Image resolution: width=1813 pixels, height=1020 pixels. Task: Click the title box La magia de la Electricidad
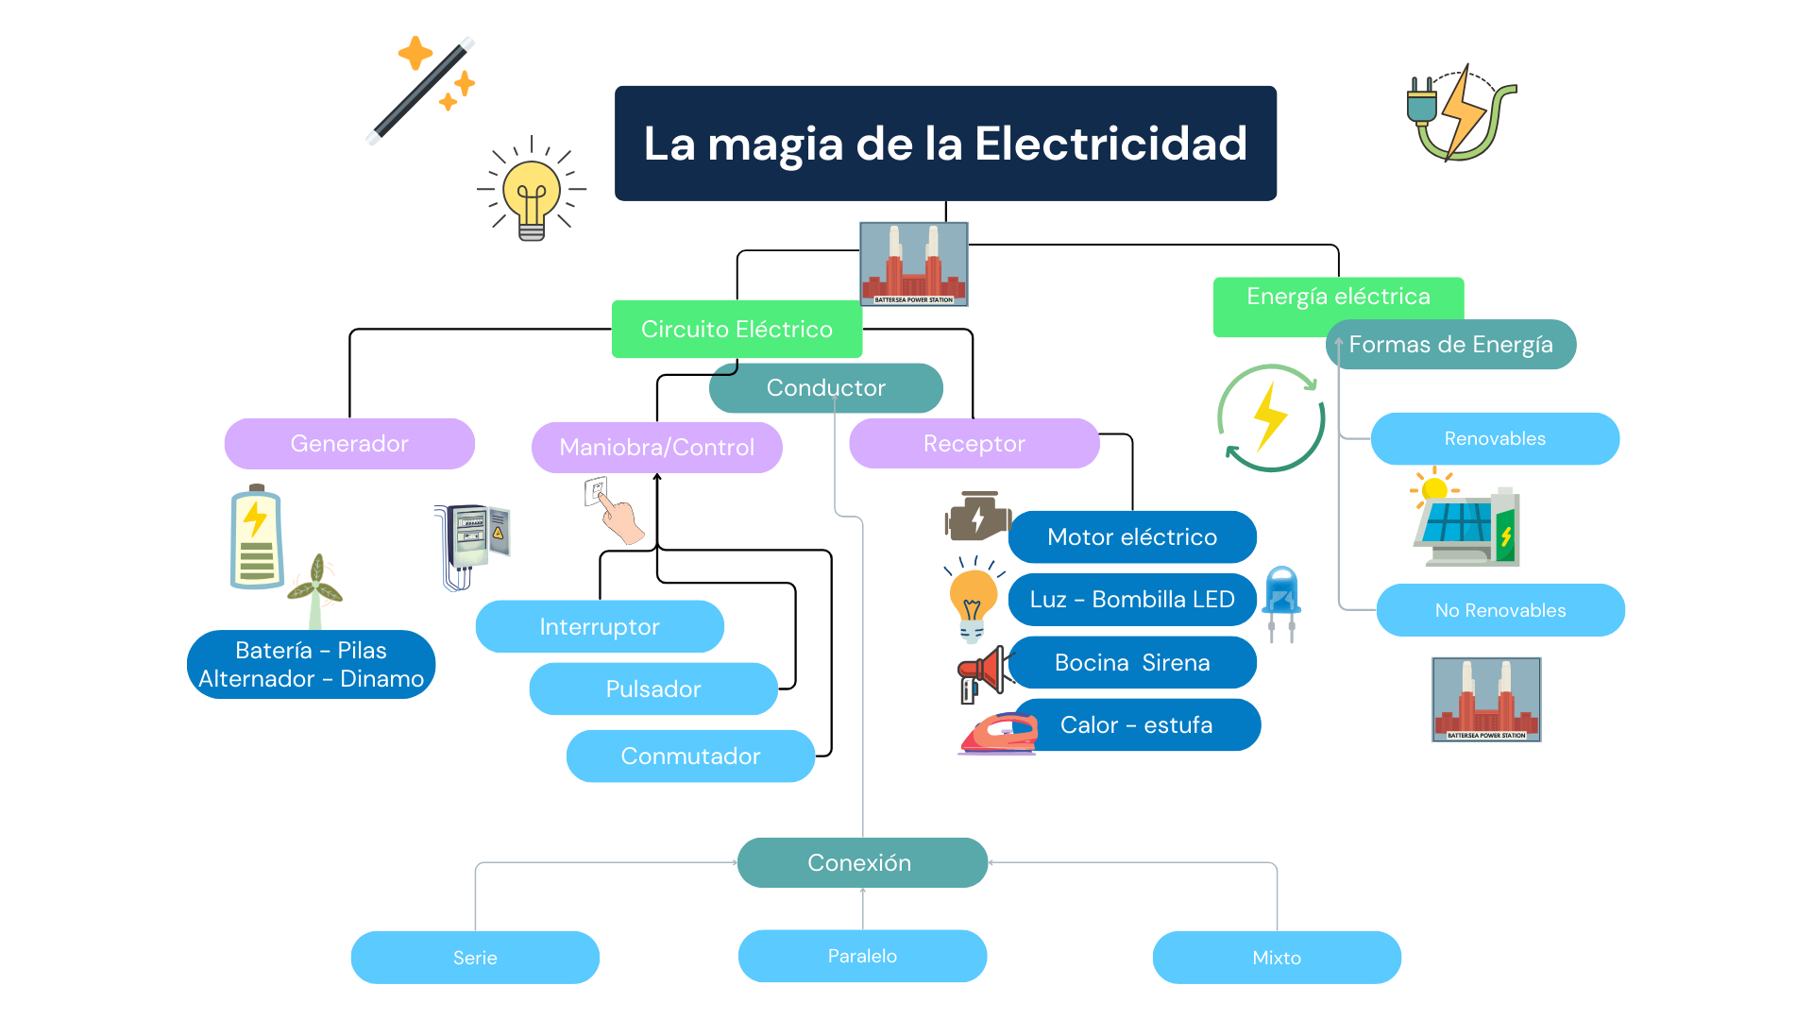tap(945, 144)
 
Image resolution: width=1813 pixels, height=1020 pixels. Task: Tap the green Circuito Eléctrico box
tap(737, 330)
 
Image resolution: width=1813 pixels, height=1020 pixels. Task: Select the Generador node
tap(349, 444)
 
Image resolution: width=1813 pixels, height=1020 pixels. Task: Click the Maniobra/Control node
tap(656, 448)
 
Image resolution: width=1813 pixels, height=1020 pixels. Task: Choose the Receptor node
tap(974, 444)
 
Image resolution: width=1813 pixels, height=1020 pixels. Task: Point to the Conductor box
tap(825, 388)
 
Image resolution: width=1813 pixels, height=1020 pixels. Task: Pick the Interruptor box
tap(600, 626)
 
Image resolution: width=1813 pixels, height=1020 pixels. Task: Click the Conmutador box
tap(690, 756)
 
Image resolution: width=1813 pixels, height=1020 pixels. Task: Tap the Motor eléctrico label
tap(1132, 536)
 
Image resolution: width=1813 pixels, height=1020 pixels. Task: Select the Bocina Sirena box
tap(1132, 662)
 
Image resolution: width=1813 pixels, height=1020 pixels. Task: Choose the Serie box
tap(475, 958)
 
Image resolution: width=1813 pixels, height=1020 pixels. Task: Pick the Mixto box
tap(1277, 958)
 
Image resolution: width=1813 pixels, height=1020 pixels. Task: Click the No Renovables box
tap(1500, 610)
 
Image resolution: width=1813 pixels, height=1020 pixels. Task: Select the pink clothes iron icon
tap(998, 735)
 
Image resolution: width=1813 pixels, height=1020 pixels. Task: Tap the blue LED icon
tap(1281, 601)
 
